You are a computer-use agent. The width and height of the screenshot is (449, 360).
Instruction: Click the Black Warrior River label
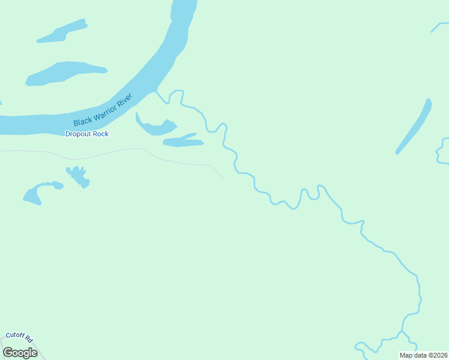pos(103,110)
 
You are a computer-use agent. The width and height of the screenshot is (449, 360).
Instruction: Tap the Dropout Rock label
pos(87,134)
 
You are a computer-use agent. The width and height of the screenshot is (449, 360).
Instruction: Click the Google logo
pos(20,353)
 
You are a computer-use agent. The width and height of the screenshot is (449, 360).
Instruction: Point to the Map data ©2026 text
pos(423,355)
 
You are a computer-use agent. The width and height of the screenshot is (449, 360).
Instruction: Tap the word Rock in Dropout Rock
pos(100,134)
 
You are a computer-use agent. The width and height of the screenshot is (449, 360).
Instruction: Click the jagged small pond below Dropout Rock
pos(78,176)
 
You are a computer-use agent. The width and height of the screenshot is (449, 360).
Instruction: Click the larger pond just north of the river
pos(66,72)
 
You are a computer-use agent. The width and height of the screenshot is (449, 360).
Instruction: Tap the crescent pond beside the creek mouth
pos(155,127)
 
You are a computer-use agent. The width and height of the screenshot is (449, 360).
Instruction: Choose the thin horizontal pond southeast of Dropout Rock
pos(183,142)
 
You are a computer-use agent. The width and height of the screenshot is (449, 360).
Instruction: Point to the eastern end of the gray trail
pos(223,178)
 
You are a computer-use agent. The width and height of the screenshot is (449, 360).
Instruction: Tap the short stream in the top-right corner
pos(439,27)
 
